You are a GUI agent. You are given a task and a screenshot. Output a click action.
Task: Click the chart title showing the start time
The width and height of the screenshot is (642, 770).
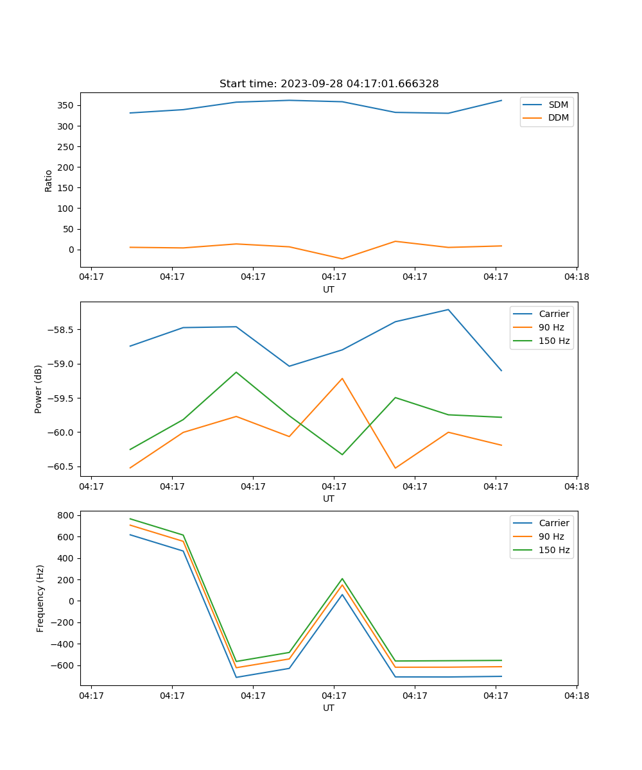[x=329, y=84]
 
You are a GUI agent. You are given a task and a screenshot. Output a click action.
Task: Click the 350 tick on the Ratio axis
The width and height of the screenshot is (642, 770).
[x=67, y=105]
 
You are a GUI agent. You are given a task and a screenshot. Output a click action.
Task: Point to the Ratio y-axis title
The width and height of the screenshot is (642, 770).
[x=49, y=181]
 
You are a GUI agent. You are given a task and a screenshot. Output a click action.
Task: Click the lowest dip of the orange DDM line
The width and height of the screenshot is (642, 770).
[x=342, y=259]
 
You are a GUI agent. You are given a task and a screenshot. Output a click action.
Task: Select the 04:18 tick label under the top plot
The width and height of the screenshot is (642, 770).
[x=577, y=277]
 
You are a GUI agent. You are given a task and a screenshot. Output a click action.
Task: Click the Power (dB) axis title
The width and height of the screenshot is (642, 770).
[x=39, y=389]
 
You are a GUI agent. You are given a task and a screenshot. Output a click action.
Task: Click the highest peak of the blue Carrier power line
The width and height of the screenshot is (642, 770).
[x=448, y=309]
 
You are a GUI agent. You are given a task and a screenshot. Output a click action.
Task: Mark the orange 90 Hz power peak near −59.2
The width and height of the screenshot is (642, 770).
[x=342, y=378]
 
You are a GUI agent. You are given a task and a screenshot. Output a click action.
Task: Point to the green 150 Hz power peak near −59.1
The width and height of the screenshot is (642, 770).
[x=236, y=372]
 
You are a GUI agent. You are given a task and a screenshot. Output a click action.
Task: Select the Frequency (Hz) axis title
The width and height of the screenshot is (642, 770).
[x=40, y=598]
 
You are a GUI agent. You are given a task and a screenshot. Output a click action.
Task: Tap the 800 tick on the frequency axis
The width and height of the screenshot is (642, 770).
[x=67, y=515]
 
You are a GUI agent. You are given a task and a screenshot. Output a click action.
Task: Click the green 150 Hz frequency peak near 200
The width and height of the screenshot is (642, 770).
[x=342, y=579]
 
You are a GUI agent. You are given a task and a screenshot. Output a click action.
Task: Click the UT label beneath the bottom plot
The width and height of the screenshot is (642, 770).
[x=329, y=708]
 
